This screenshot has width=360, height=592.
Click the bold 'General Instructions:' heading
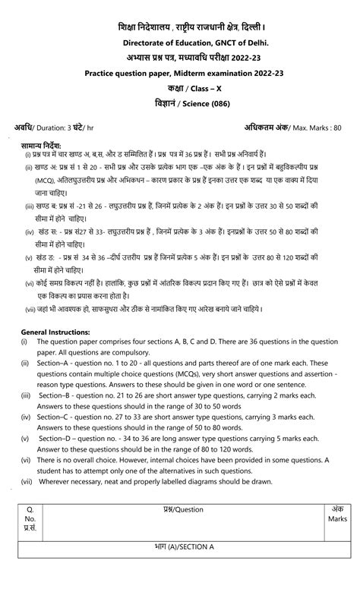pos(55,332)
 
